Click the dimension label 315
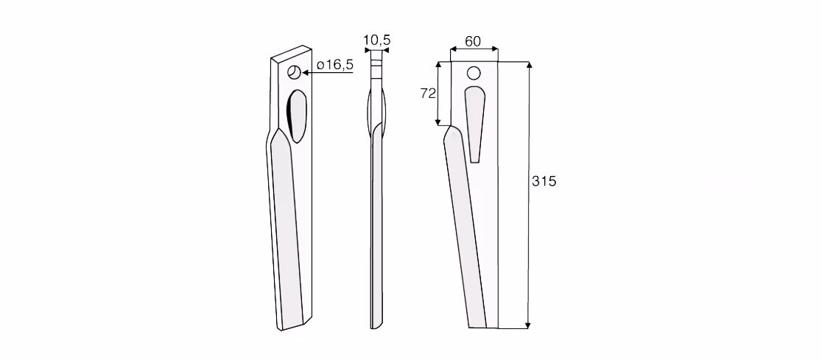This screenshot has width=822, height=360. click(x=544, y=181)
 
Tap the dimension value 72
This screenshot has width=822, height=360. click(x=428, y=93)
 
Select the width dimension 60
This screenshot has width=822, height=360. click(x=473, y=41)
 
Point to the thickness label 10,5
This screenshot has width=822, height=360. click(x=377, y=40)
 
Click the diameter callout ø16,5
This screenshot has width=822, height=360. click(x=336, y=65)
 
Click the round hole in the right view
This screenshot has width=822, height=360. click(x=474, y=73)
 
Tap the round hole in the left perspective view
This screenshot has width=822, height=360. click(x=295, y=72)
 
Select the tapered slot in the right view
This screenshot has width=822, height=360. click(x=475, y=124)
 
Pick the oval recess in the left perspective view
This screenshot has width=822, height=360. click(x=298, y=116)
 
